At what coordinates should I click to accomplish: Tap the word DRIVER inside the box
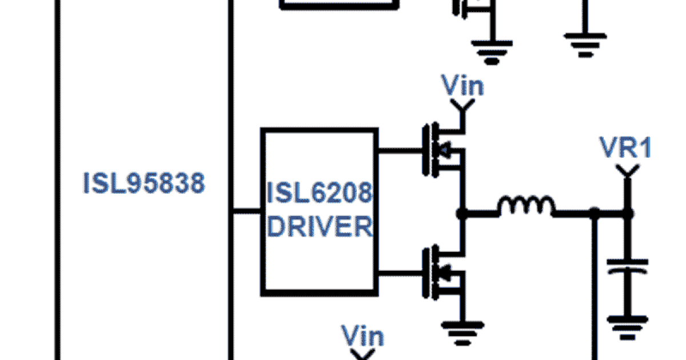pyautogui.click(x=320, y=227)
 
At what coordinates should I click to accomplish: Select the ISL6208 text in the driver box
pyautogui.click(x=320, y=195)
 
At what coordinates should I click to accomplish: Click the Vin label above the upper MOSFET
pyautogui.click(x=463, y=86)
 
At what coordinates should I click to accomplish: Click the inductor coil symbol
pyautogui.click(x=526, y=207)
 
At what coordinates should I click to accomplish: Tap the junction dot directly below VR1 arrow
pyautogui.click(x=627, y=214)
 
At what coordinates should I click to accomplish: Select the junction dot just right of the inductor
pyautogui.click(x=595, y=214)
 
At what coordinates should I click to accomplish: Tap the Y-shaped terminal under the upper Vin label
pyautogui.click(x=462, y=106)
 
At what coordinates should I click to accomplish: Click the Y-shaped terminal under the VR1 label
pyautogui.click(x=627, y=170)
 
